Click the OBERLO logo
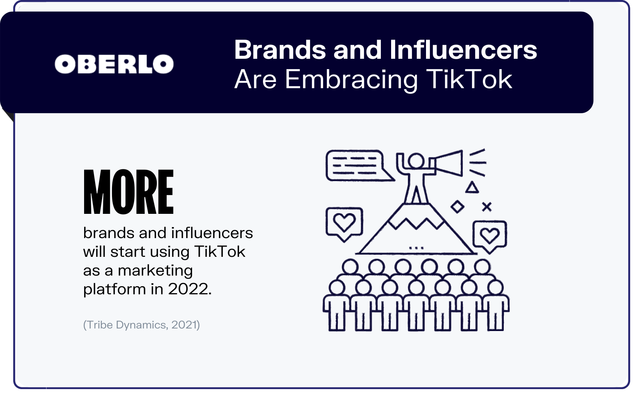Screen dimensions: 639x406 click(x=114, y=64)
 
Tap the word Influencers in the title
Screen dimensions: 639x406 click(x=463, y=50)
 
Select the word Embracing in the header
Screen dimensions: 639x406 click(x=351, y=79)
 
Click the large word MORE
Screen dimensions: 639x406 click(x=129, y=192)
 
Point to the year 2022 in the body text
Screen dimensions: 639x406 click(x=189, y=289)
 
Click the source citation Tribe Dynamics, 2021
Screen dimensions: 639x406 click(x=141, y=325)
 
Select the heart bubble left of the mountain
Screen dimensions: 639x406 click(x=344, y=223)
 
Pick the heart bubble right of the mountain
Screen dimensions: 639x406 click(x=490, y=237)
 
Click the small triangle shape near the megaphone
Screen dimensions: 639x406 click(x=472, y=187)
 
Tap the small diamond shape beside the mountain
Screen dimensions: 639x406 click(x=457, y=207)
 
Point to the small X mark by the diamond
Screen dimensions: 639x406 click(x=487, y=207)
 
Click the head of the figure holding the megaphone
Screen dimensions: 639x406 click(x=416, y=161)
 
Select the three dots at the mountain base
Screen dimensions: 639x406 click(x=416, y=248)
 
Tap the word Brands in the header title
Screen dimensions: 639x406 click(x=280, y=50)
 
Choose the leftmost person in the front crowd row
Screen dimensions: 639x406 click(x=336, y=305)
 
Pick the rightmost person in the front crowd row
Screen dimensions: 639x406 click(x=495, y=305)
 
